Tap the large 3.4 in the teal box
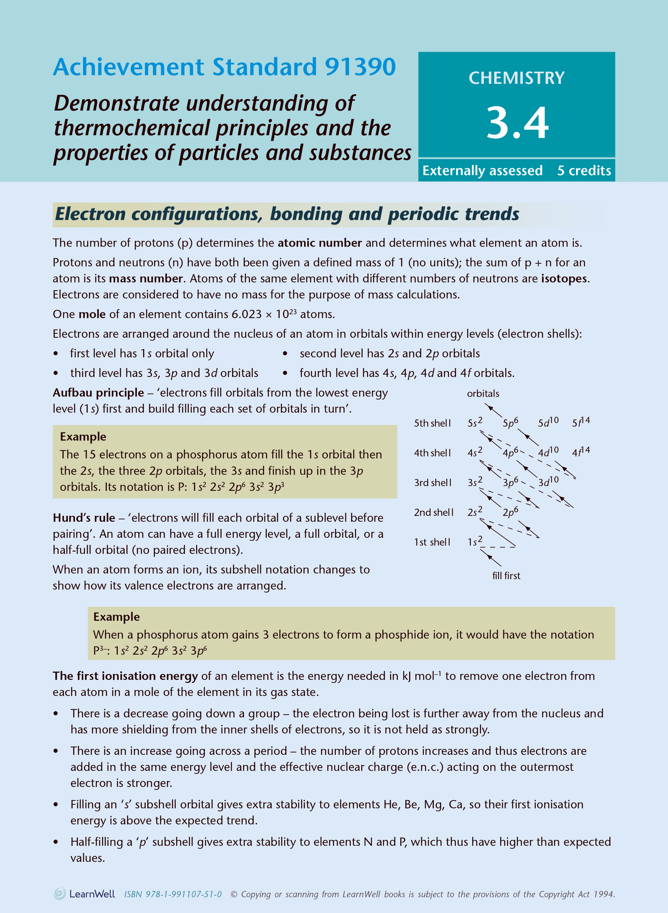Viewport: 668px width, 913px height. point(517,122)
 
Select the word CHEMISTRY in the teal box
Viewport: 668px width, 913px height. point(516,78)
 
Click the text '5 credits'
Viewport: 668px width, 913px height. point(584,170)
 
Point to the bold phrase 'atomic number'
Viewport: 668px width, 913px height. point(320,243)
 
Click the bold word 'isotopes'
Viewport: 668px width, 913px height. point(564,278)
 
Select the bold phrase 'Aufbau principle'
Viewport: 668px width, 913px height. point(98,393)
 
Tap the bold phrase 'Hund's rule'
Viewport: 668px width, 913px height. point(84,518)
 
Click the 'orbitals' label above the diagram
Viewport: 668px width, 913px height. point(483,393)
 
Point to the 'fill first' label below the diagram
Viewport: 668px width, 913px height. point(506,576)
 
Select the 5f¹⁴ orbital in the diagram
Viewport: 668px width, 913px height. point(580,422)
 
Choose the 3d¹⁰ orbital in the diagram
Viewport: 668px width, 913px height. point(548,482)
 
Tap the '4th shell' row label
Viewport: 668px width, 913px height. point(432,453)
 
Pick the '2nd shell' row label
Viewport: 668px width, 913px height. point(433,512)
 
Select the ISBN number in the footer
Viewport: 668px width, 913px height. point(173,894)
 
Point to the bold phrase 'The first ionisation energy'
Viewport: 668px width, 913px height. point(125,676)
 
